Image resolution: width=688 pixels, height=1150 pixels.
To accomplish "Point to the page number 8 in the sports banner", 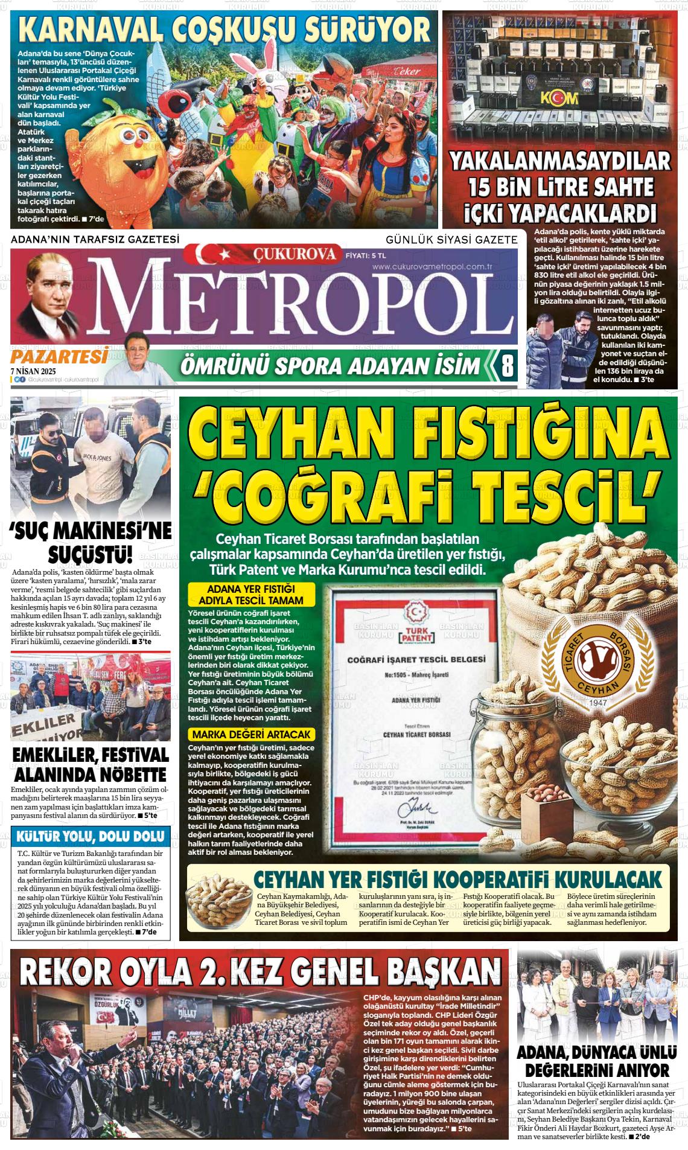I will pyautogui.click(x=507, y=366).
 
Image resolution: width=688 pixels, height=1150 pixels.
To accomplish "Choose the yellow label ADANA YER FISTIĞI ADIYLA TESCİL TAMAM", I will pyautogui.click(x=251, y=595).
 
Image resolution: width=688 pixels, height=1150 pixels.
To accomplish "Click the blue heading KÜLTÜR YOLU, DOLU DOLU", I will pyautogui.click(x=91, y=837).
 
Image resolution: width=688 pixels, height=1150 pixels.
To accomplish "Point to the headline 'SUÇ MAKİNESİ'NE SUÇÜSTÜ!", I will pyautogui.click(x=91, y=541).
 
